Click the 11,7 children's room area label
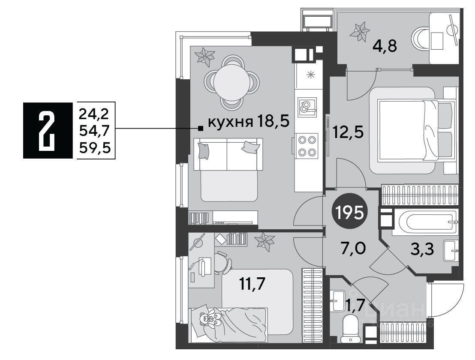[252, 284]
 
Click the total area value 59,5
[95, 148]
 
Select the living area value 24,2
[94, 114]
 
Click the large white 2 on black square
[48, 130]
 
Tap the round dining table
[232, 81]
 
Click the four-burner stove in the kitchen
[307, 146]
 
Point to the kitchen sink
[307, 107]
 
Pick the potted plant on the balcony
[360, 31]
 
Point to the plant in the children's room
[265, 241]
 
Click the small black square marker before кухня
[200, 129]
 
